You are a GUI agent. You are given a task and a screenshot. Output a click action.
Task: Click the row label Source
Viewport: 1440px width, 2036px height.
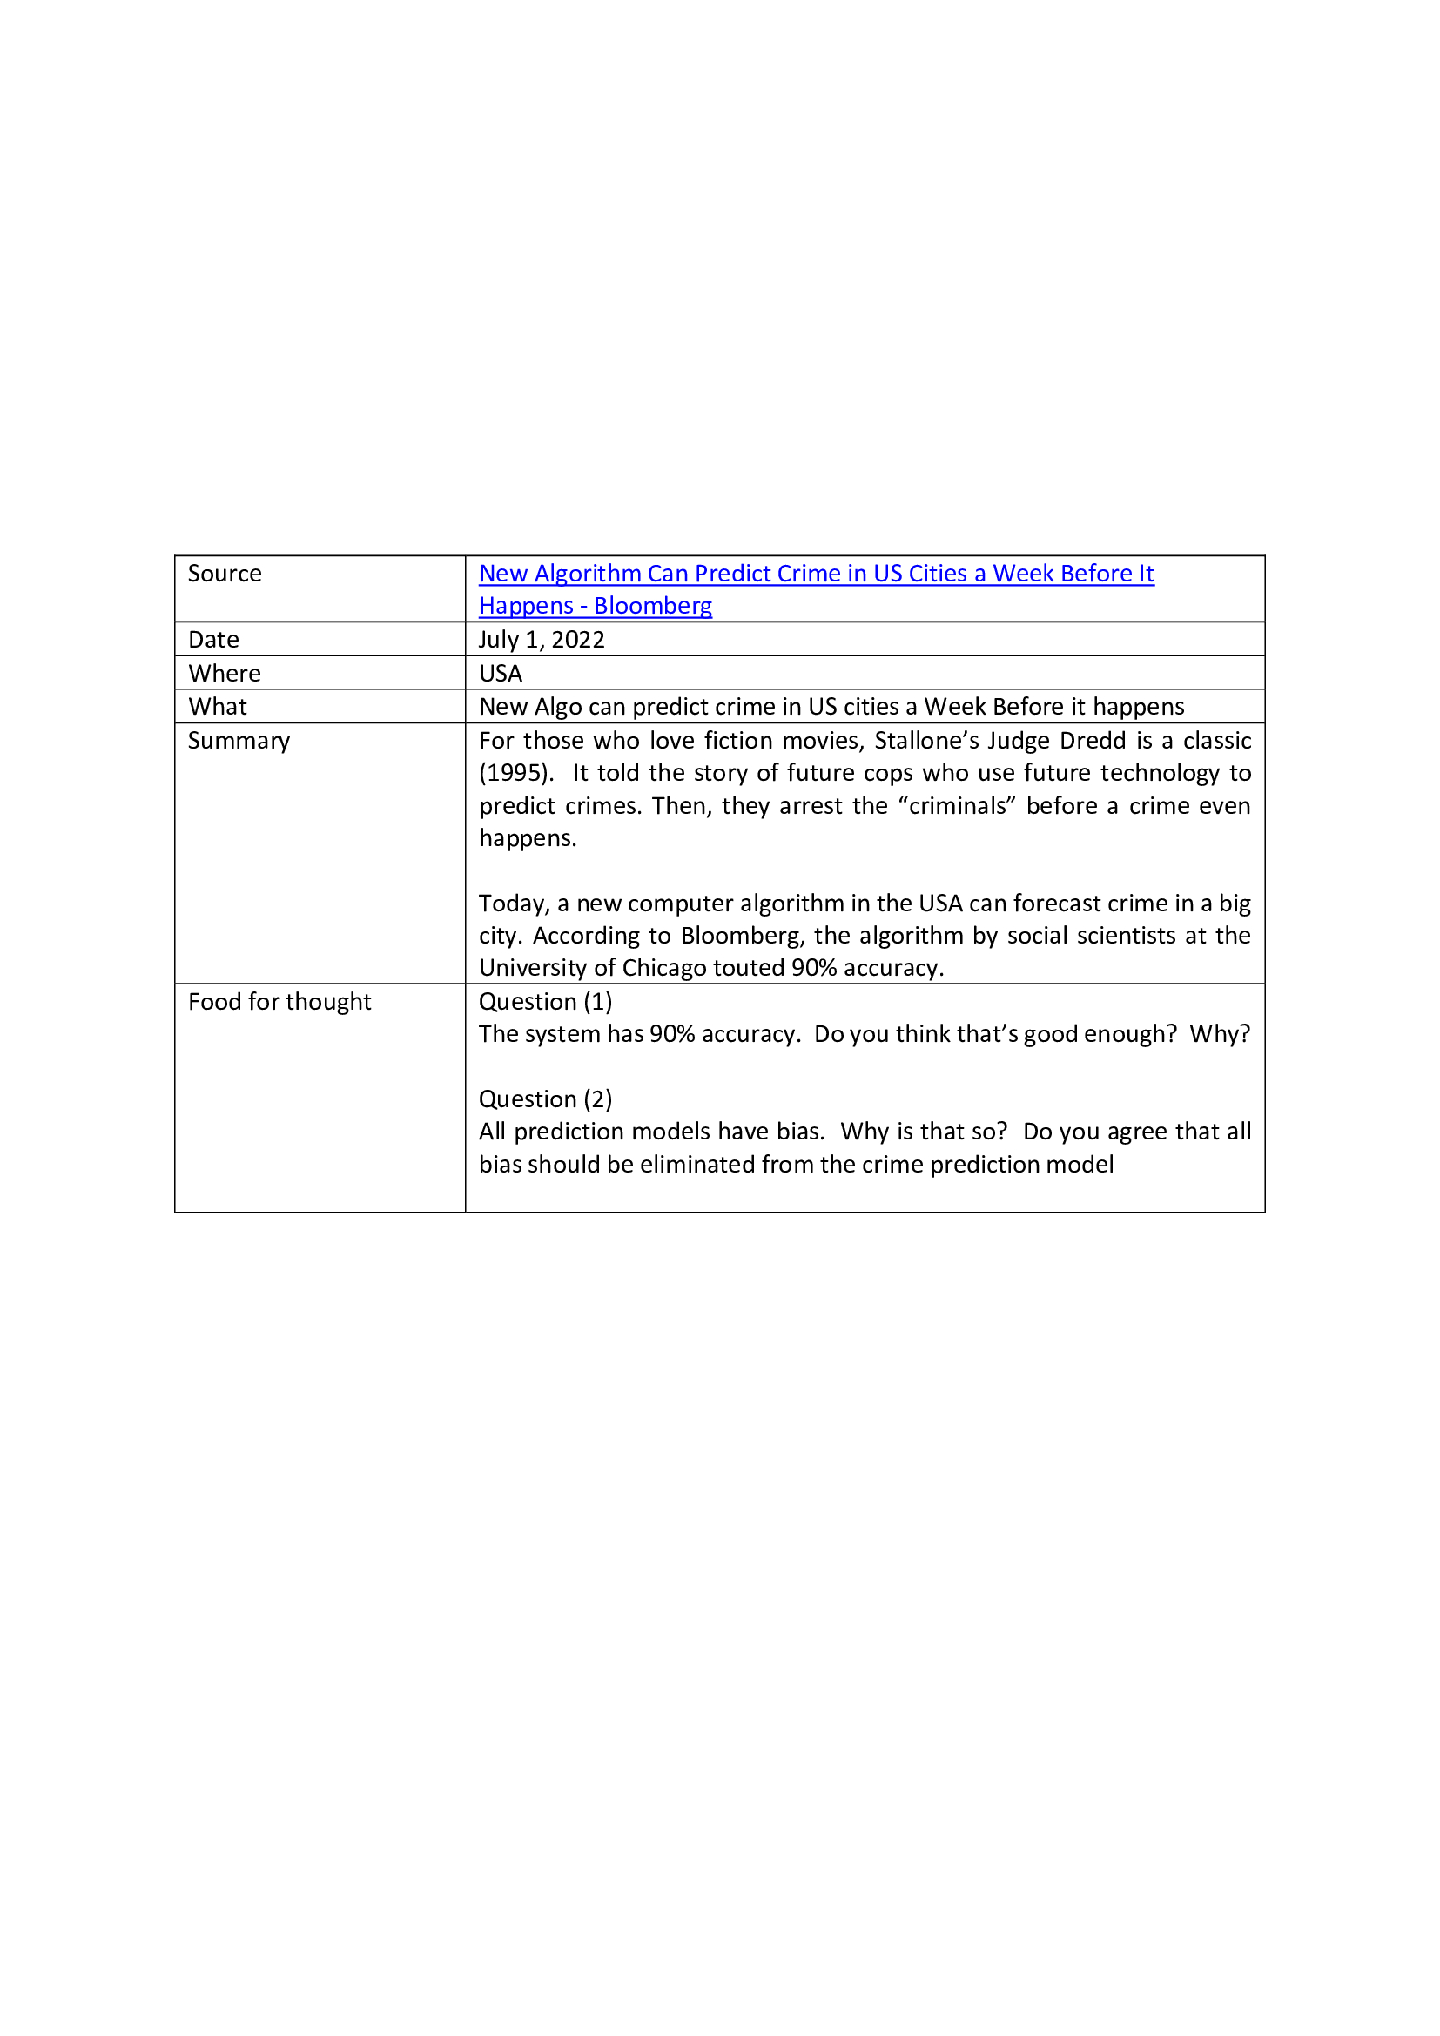coord(225,574)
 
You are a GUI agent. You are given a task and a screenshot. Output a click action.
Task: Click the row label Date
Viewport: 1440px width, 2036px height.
coord(213,640)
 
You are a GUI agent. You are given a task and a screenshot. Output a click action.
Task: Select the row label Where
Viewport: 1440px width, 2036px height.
coord(225,673)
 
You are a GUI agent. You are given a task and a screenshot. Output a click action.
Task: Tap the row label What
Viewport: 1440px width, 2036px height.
coord(218,707)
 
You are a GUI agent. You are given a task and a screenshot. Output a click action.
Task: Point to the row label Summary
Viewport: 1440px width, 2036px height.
coord(239,741)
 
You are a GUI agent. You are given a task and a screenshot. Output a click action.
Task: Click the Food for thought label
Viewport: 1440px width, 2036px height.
coord(279,1001)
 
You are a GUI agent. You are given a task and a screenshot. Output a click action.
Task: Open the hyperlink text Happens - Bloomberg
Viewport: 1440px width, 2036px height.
coord(595,606)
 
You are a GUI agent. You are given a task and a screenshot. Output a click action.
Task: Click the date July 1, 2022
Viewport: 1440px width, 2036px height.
coord(542,640)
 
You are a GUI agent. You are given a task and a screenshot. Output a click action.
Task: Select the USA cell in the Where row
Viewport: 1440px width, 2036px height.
coord(500,673)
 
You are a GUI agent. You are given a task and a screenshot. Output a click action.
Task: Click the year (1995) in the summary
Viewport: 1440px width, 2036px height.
coord(515,773)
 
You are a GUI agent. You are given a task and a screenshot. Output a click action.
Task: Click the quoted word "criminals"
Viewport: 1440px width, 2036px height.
coord(957,806)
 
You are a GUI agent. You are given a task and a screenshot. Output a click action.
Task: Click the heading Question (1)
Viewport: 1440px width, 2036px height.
coord(545,1001)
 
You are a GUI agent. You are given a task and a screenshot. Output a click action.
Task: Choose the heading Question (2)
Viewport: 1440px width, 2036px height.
coord(545,1099)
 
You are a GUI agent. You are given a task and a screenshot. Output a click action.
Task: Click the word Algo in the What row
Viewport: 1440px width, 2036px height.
coord(556,707)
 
